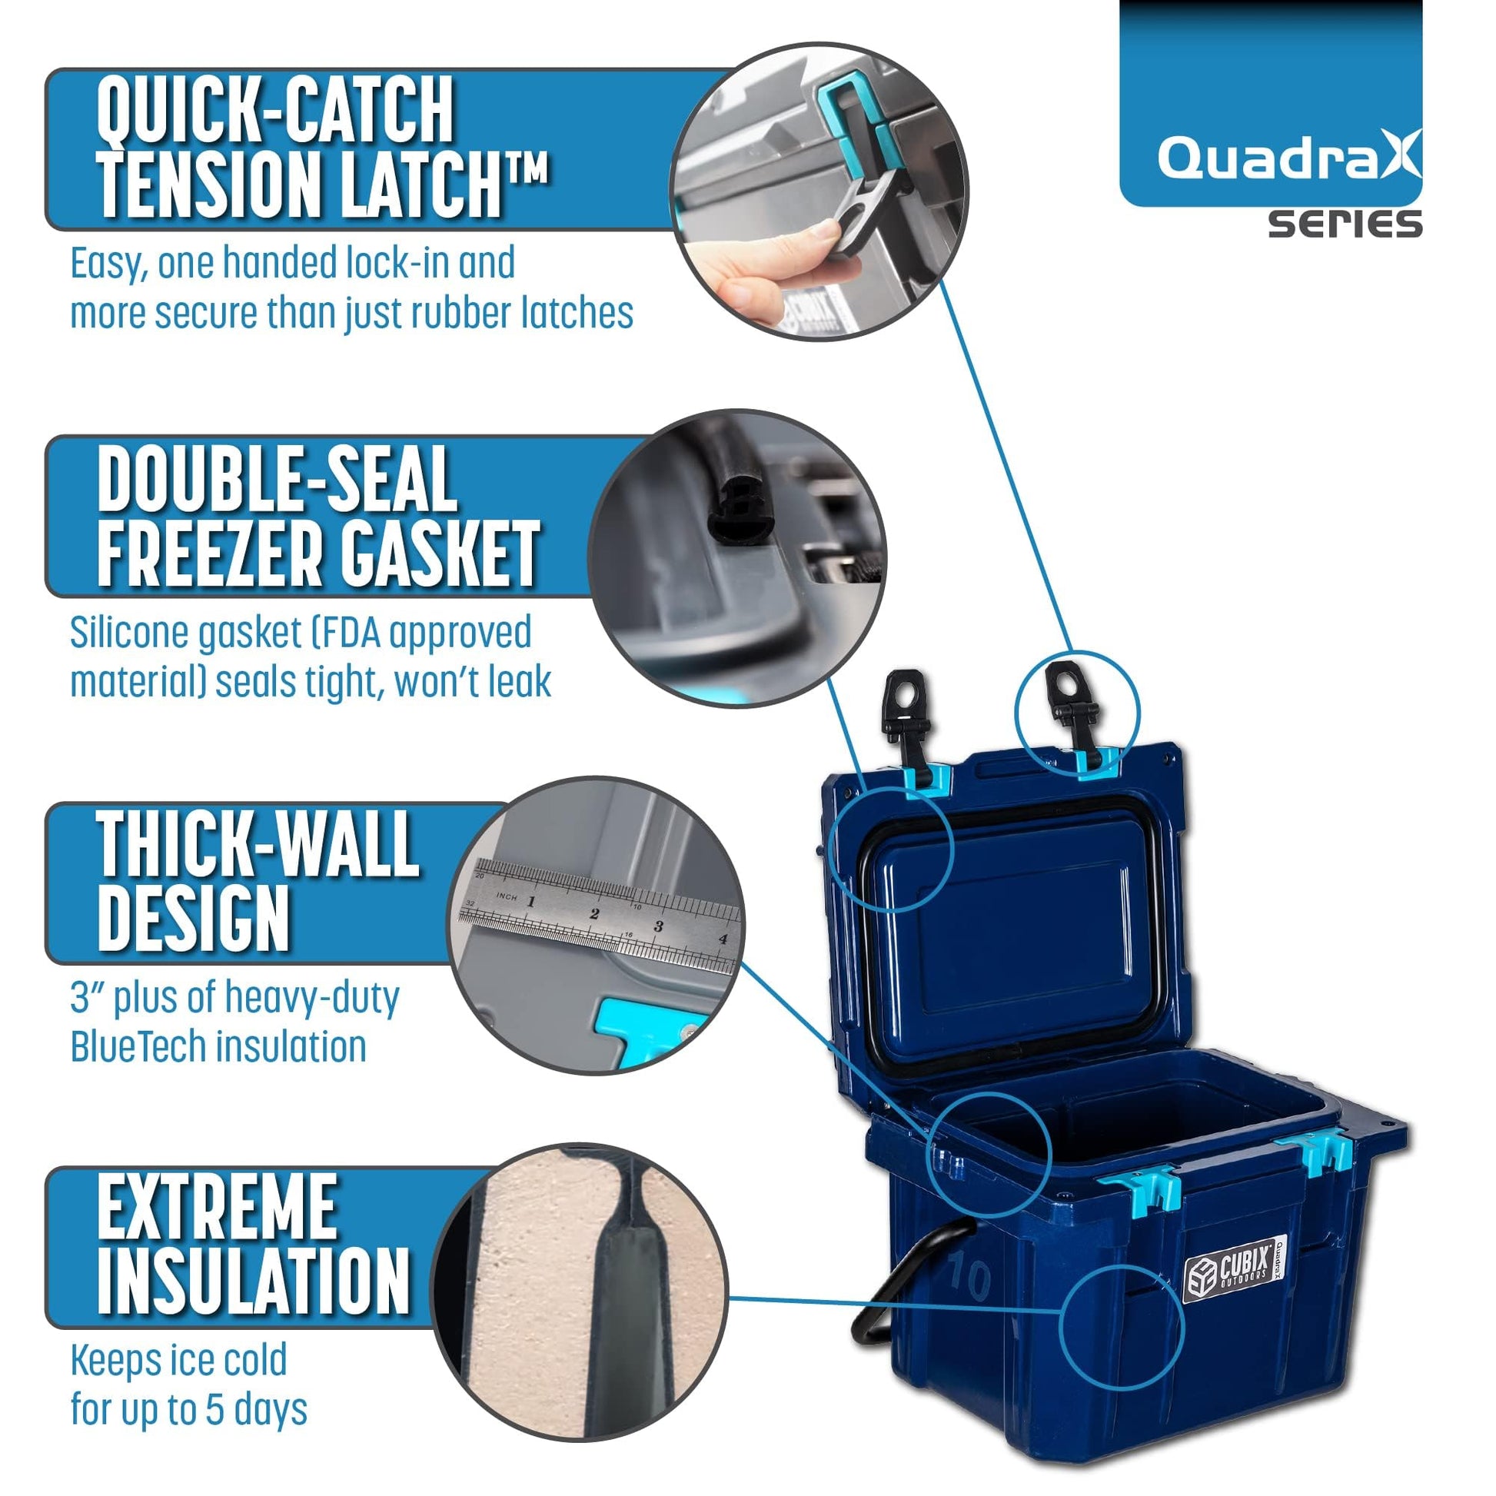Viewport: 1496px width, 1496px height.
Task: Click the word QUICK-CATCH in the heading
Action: click(275, 110)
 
